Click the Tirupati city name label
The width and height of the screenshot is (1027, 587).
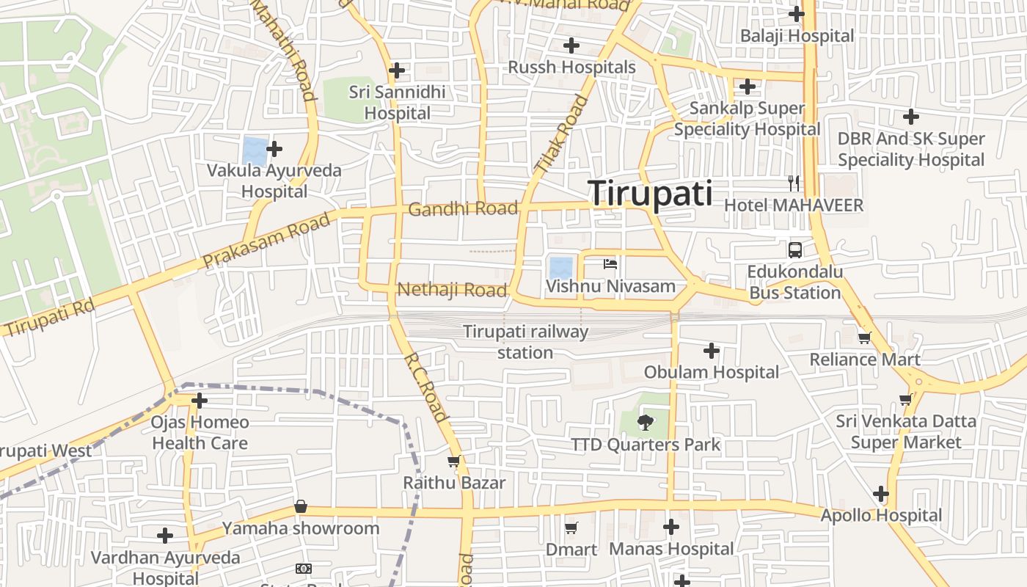650,194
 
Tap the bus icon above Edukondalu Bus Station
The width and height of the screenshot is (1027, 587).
794,249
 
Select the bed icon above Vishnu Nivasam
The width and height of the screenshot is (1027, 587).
610,264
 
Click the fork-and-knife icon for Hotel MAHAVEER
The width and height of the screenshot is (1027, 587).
793,183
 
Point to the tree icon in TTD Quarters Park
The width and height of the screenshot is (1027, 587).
645,422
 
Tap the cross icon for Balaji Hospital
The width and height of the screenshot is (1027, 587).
796,13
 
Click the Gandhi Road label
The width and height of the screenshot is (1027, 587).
463,209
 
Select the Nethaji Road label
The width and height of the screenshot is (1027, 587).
452,290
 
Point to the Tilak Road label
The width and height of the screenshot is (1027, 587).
561,136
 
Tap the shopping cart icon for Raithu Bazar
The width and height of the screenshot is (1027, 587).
453,462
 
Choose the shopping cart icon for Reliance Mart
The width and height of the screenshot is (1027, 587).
864,338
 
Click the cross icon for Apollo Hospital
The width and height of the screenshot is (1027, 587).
881,494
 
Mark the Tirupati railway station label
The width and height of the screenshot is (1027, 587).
525,342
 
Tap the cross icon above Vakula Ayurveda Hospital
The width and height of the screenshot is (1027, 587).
274,149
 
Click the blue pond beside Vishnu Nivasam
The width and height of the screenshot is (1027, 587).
561,266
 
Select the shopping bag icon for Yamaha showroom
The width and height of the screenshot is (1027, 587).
301,506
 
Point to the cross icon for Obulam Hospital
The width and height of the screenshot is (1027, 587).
711,351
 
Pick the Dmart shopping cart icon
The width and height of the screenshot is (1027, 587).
571,528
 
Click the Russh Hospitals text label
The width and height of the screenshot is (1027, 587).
572,68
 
